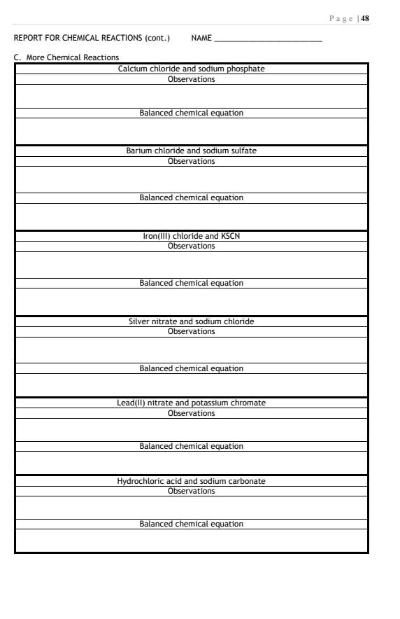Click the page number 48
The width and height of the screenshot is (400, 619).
click(x=364, y=18)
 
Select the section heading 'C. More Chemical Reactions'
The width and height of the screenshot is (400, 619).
click(x=66, y=57)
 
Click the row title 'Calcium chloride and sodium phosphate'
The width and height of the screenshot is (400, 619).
click(x=191, y=69)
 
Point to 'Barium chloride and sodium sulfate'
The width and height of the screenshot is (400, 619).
click(x=191, y=151)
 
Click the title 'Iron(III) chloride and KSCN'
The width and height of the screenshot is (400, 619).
click(x=191, y=236)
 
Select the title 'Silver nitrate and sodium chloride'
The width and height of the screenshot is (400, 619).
click(x=191, y=321)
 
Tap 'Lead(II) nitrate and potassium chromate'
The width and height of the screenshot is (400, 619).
click(x=191, y=403)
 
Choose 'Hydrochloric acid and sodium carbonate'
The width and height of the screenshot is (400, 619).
click(x=191, y=481)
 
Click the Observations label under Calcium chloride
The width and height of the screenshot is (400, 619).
click(x=191, y=79)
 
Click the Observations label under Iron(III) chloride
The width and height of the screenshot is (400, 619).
click(x=191, y=246)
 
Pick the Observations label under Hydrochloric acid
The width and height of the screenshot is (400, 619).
click(x=191, y=491)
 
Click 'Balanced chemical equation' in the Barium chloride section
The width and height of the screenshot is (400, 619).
click(x=191, y=197)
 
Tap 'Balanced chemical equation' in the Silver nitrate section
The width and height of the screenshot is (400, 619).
click(x=191, y=368)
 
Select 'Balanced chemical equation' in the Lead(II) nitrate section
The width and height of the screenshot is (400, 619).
click(x=191, y=446)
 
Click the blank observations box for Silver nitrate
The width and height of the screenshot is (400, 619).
click(x=191, y=349)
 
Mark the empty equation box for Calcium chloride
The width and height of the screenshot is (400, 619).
click(x=191, y=131)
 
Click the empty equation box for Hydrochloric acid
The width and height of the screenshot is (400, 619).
click(x=191, y=541)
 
